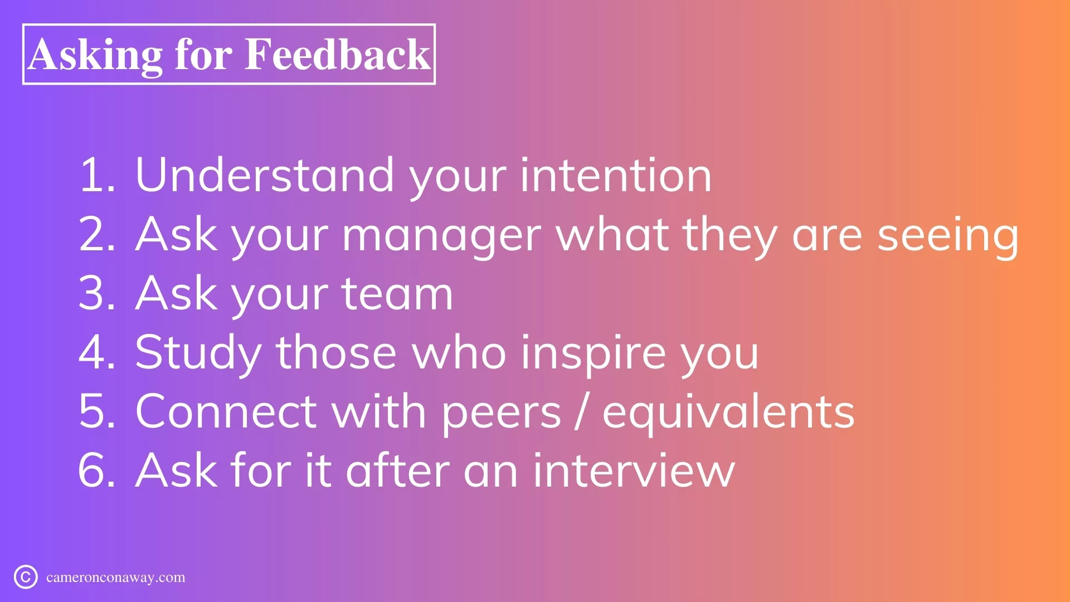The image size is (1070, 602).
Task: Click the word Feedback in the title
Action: pyautogui.click(x=337, y=54)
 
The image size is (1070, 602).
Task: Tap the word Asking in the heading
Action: pyautogui.click(x=95, y=56)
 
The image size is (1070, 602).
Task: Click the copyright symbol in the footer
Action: pyautogui.click(x=26, y=577)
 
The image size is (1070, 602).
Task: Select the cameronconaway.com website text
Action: pyautogui.click(x=116, y=577)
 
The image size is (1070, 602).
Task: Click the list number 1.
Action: pyautogui.click(x=96, y=175)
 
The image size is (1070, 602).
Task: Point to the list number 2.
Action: pyautogui.click(x=97, y=234)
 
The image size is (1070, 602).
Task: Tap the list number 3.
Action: pyautogui.click(x=97, y=293)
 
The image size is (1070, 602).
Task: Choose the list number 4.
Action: pyautogui.click(x=97, y=352)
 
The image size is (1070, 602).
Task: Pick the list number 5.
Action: pyautogui.click(x=97, y=411)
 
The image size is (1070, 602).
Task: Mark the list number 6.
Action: pyautogui.click(x=97, y=470)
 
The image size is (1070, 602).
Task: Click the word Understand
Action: pyautogui.click(x=265, y=175)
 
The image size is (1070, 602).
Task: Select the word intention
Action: pyautogui.click(x=616, y=175)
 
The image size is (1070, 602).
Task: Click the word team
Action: pyautogui.click(x=397, y=293)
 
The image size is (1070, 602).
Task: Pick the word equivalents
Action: pyautogui.click(x=728, y=414)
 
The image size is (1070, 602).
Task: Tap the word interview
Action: pyautogui.click(x=634, y=470)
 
